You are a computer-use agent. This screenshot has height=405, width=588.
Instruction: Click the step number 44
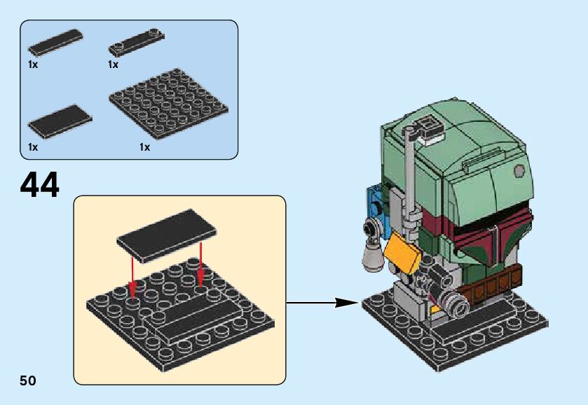click(x=40, y=184)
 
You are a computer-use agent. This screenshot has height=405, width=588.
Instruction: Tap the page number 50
click(x=28, y=380)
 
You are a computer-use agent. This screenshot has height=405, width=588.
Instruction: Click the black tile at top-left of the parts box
click(x=55, y=43)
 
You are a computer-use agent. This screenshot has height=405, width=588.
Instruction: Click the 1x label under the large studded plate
click(x=144, y=147)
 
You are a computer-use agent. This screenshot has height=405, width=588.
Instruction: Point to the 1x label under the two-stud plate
click(x=113, y=64)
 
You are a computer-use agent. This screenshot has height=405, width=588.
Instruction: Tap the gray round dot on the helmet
click(x=519, y=170)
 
